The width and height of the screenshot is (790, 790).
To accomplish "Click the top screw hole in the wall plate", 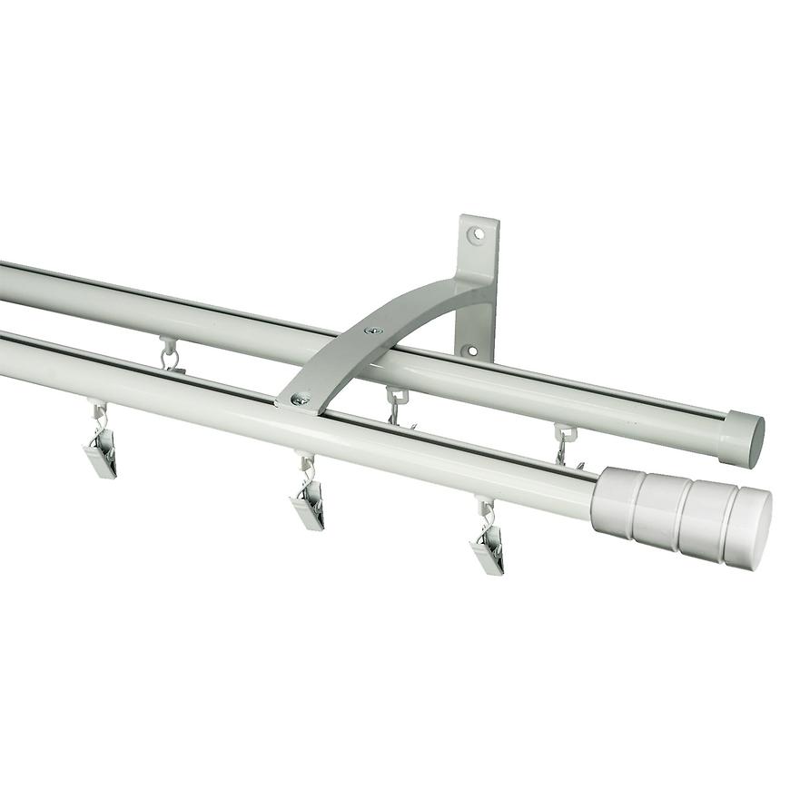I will (475, 234).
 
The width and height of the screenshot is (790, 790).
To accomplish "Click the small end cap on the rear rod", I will (743, 440).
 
